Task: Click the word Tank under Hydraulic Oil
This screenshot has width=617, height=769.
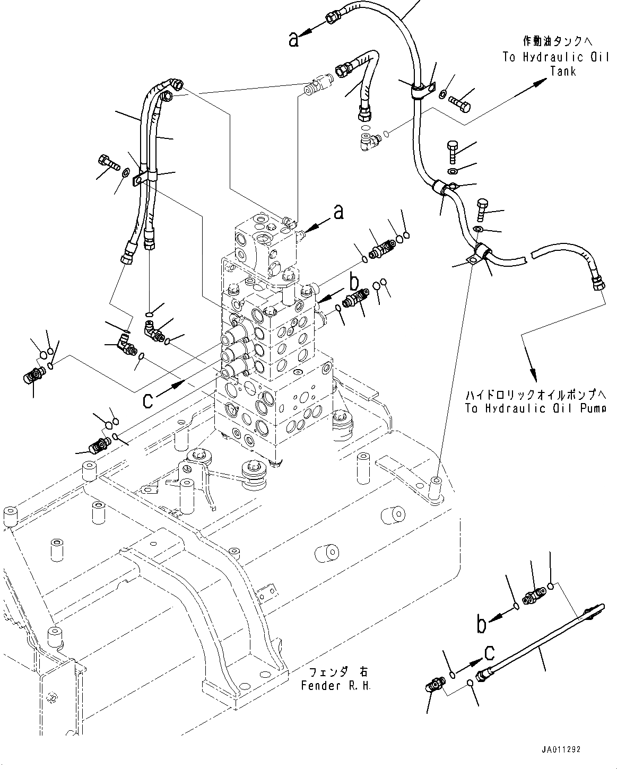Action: click(563, 71)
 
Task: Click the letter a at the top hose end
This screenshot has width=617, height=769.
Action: click(293, 39)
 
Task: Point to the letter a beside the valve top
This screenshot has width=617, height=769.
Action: click(338, 212)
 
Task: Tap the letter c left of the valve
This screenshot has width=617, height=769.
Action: click(147, 401)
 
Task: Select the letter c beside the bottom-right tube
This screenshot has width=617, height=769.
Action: click(489, 653)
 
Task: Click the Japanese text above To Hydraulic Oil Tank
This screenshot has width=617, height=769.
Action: click(558, 42)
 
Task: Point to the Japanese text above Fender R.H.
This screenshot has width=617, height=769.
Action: click(338, 671)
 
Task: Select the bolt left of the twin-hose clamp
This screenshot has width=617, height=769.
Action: click(108, 162)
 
